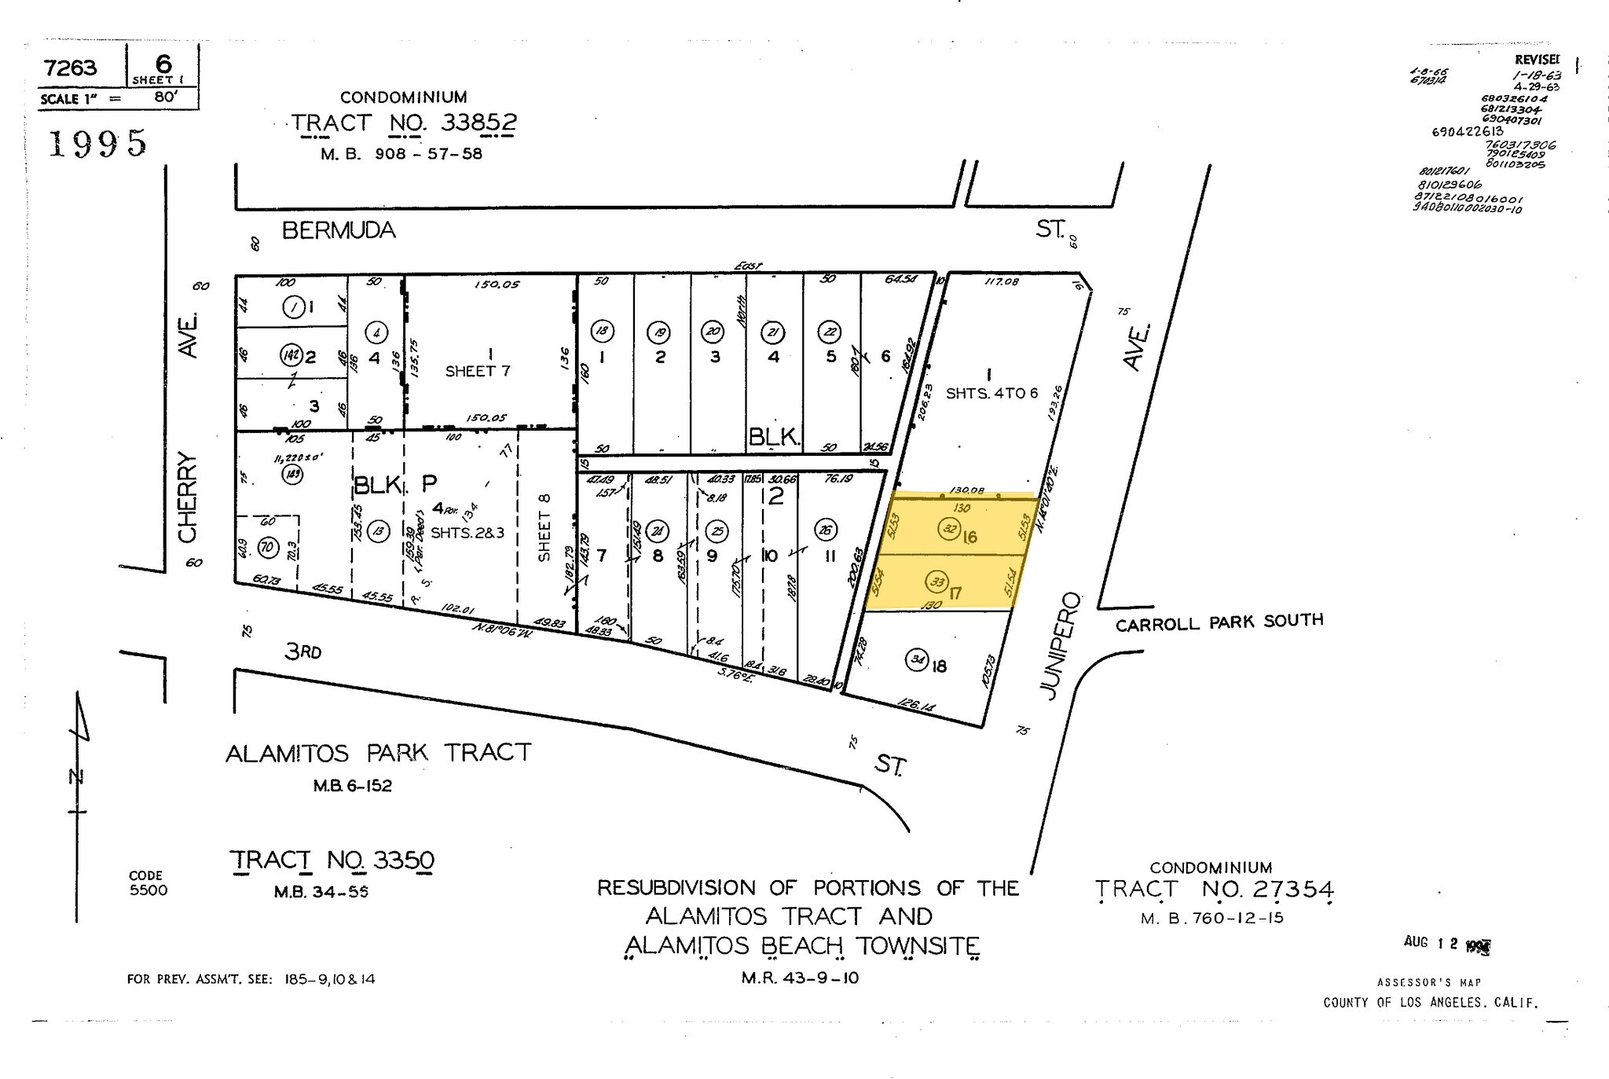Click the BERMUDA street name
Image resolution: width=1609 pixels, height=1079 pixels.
(x=339, y=230)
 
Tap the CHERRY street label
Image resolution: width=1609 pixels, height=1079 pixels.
(x=187, y=497)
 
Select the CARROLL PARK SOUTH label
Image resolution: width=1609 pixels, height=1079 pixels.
(x=1219, y=622)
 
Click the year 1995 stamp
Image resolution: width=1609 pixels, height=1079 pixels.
(x=98, y=144)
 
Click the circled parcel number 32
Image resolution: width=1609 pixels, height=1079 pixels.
(x=949, y=529)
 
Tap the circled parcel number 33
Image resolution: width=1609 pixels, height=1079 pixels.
(x=936, y=582)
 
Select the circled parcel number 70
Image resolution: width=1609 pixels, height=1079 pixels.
(x=268, y=547)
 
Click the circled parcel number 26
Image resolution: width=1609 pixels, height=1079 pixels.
(x=825, y=529)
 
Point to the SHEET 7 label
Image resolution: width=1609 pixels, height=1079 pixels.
(x=478, y=371)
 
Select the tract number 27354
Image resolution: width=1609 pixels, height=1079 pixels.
(x=1267, y=890)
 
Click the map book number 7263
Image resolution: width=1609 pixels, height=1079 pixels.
(x=71, y=68)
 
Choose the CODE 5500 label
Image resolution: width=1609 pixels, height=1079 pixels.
(x=148, y=883)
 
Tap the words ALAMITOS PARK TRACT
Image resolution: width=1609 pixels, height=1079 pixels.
(x=378, y=753)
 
